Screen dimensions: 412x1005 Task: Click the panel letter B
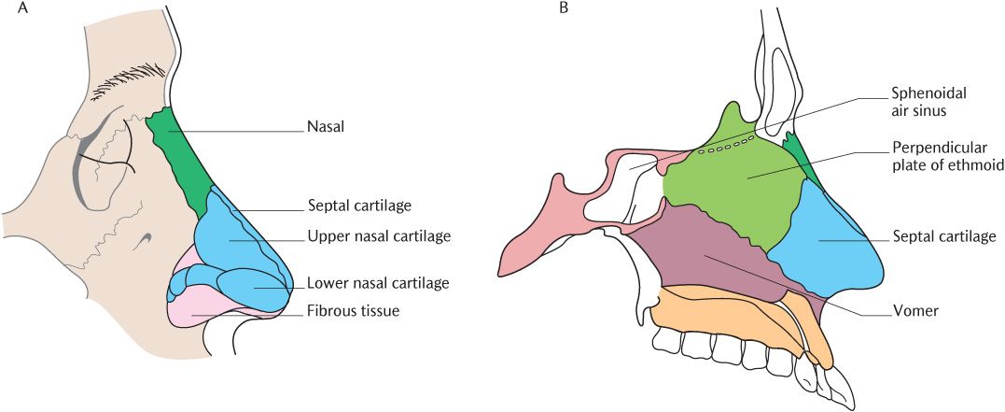tap(563, 8)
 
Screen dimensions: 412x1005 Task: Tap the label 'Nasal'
tap(325, 124)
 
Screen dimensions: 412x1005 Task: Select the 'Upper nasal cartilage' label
tap(379, 236)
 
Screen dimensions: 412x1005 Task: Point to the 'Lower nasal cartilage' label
tap(379, 283)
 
